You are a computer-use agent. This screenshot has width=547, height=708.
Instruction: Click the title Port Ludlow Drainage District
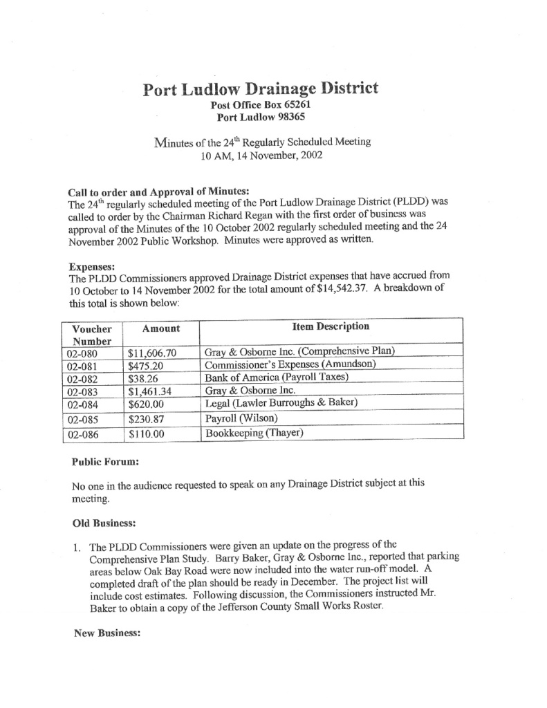[x=260, y=89]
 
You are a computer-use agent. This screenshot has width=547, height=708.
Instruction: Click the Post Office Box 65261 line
[x=261, y=106]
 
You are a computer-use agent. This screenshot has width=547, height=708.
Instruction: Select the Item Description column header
[x=331, y=326]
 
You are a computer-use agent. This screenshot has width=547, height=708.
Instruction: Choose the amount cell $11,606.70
[x=153, y=353]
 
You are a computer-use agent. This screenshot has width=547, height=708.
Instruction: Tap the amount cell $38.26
[x=143, y=379]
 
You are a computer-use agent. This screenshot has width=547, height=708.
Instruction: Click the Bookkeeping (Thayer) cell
[x=254, y=434]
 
